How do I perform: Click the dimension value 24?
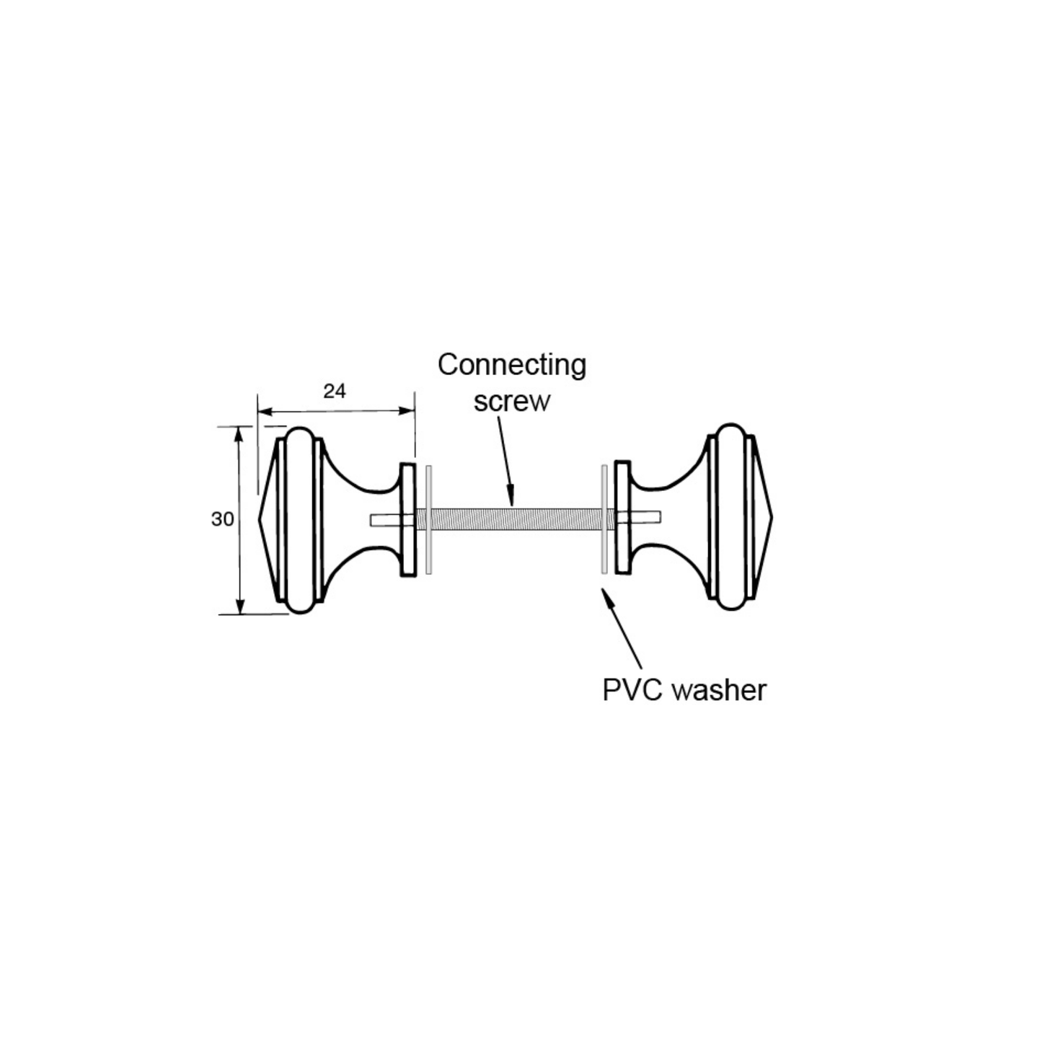pyautogui.click(x=334, y=391)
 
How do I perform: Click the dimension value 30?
pyautogui.click(x=222, y=519)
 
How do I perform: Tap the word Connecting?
pyautogui.click(x=511, y=366)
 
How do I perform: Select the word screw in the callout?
pyautogui.click(x=511, y=402)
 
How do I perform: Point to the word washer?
pyautogui.click(x=719, y=691)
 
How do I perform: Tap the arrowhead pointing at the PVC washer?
pyautogui.click(x=608, y=599)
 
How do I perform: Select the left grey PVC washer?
pyautogui.click(x=429, y=520)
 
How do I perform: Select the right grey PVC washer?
pyautogui.click(x=604, y=519)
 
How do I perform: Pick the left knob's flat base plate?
pyautogui.click(x=407, y=520)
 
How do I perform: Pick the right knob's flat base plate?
pyautogui.click(x=623, y=518)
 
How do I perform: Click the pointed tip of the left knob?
pyautogui.click(x=258, y=520)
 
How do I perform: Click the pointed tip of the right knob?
pyautogui.click(x=772, y=518)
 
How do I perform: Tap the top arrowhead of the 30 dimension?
pyautogui.click(x=239, y=433)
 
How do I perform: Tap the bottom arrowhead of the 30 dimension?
pyautogui.click(x=241, y=608)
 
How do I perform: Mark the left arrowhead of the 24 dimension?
pyautogui.click(x=265, y=412)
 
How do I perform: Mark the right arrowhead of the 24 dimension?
pyautogui.click(x=406, y=411)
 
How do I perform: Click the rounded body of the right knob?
pyautogui.click(x=731, y=517)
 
